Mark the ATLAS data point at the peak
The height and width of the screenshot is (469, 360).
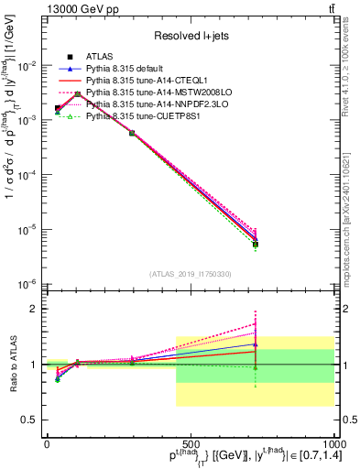click(78, 93)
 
